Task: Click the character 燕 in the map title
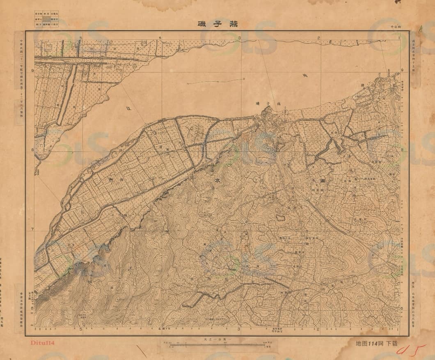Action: point(233,24)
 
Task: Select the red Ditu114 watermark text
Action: point(43,342)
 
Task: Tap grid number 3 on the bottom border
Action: point(239,329)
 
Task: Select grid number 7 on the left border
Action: point(32,229)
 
